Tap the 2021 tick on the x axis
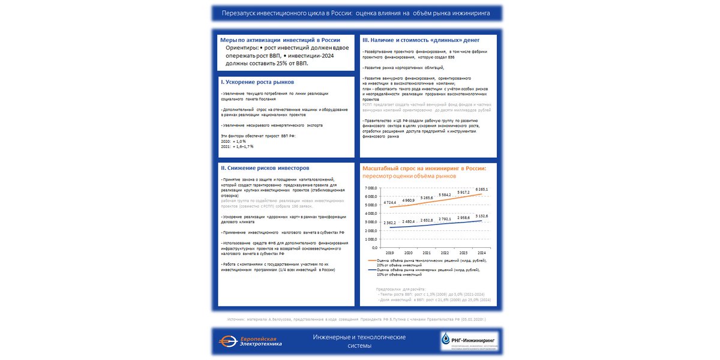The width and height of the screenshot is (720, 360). [x=427, y=253]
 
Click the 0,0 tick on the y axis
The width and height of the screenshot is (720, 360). [x=373, y=247]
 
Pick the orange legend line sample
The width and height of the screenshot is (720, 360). [x=371, y=260]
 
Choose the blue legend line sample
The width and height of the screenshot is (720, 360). [x=371, y=270]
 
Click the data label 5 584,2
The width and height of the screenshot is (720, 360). [x=445, y=195]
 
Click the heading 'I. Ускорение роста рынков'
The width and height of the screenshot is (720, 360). [x=252, y=82]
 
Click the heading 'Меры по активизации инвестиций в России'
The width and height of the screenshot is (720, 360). [x=280, y=40]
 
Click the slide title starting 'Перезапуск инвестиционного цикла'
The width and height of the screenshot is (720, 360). [x=356, y=13]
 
